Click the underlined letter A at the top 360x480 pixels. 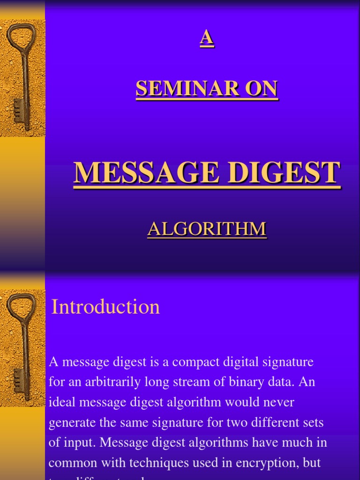[x=207, y=38]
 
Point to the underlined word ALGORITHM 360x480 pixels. [x=207, y=229]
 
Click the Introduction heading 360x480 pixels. [x=105, y=307]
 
